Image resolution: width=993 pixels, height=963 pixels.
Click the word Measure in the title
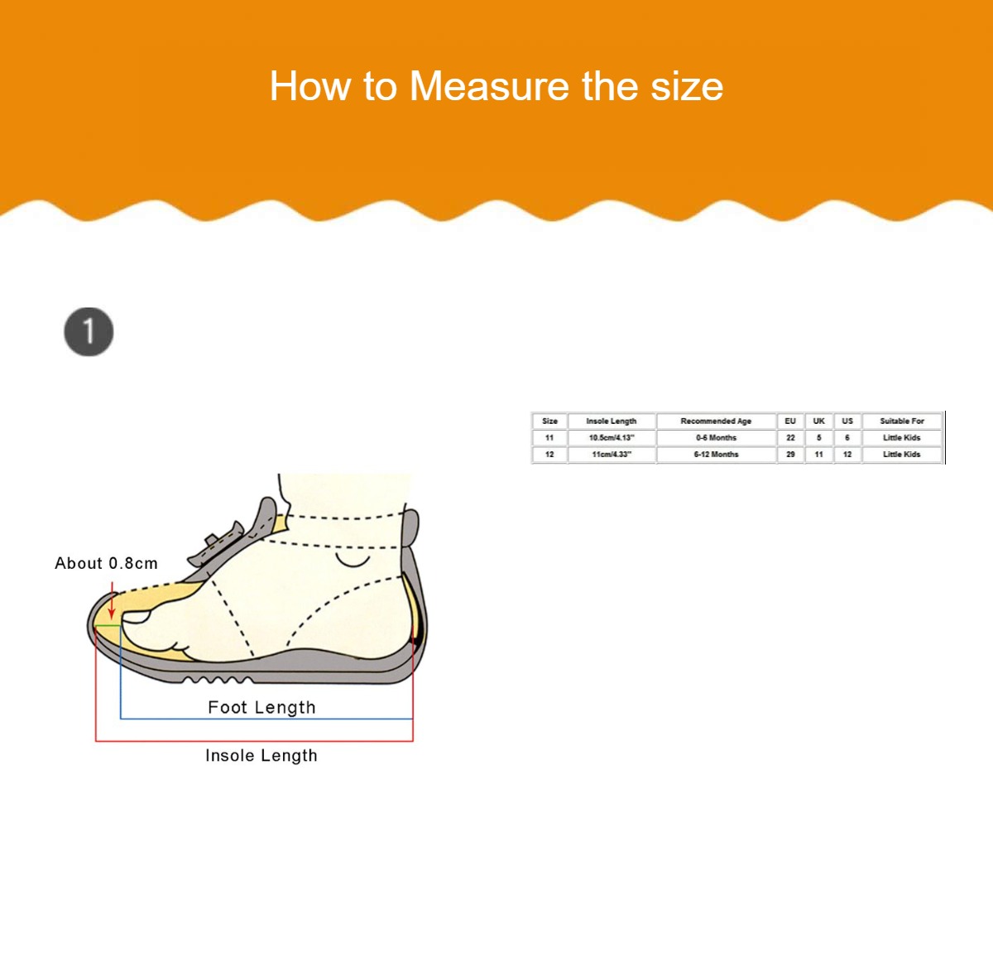tap(488, 86)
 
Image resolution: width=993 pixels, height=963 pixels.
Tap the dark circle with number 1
tap(89, 331)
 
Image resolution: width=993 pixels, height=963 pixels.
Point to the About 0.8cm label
tap(106, 563)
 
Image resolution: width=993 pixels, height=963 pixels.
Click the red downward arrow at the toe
tap(112, 600)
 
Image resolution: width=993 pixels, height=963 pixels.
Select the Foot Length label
tap(261, 707)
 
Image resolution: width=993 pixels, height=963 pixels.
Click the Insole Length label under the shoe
tap(261, 755)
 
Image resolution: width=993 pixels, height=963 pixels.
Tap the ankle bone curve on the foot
tap(353, 560)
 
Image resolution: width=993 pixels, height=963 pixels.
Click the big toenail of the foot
tap(136, 618)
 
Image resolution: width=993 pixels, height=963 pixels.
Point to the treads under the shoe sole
tap(218, 679)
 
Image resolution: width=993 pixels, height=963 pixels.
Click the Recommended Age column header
tap(716, 421)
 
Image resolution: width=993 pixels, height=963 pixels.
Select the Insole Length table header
tap(612, 421)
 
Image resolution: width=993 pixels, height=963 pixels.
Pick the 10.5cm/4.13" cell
tap(612, 437)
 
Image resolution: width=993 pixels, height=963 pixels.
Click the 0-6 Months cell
tap(716, 437)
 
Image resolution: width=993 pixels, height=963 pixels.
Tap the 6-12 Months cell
tap(716, 455)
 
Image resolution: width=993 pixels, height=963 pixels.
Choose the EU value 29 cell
tap(790, 455)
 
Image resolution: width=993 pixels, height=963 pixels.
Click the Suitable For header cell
tap(902, 421)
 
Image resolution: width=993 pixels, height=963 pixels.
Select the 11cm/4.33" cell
tap(612, 455)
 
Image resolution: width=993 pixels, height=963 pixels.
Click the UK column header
tap(819, 421)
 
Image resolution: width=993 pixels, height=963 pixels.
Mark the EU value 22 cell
tap(790, 437)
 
